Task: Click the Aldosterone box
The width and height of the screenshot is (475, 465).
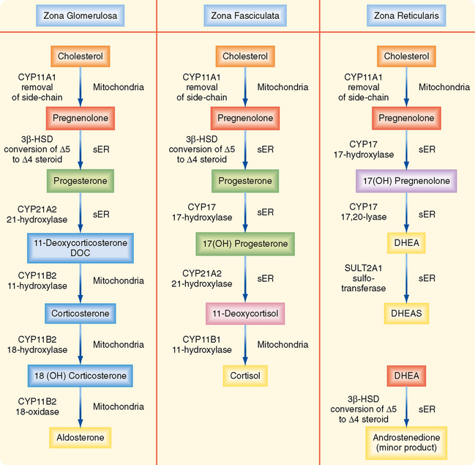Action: (x=80, y=438)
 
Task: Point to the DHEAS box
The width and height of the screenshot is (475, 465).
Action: (x=405, y=313)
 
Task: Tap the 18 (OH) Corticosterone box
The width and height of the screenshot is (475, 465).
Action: (x=80, y=376)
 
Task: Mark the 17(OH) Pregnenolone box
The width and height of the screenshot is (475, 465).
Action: (x=405, y=180)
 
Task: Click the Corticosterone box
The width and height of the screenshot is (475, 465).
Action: (x=80, y=313)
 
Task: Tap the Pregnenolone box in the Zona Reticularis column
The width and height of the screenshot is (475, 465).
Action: (x=405, y=118)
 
